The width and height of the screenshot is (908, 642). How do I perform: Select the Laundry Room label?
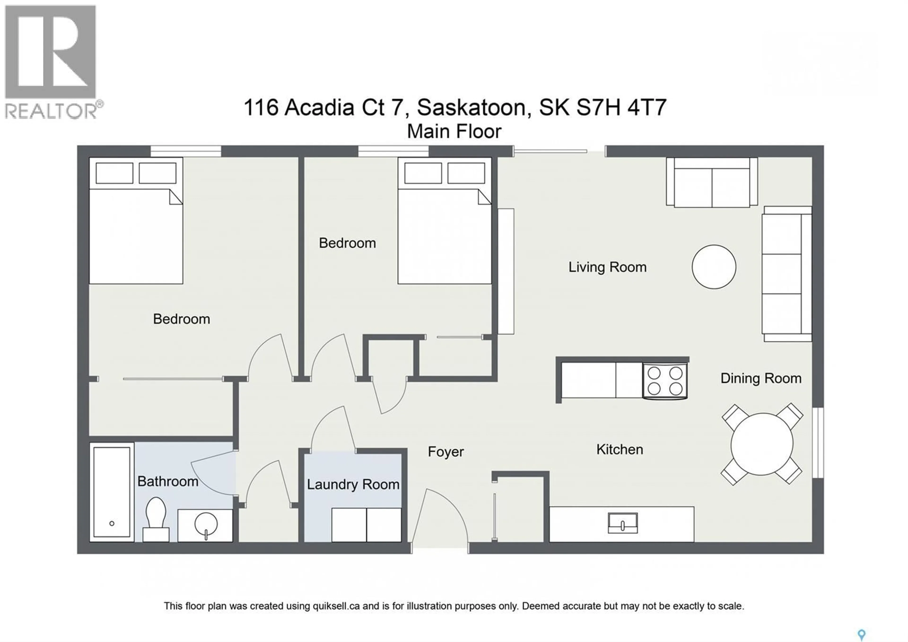(x=353, y=485)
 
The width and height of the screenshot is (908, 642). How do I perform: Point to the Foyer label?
(x=446, y=452)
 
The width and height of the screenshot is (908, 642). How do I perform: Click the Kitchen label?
(x=619, y=449)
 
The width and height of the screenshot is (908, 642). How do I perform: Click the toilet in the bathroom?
(x=156, y=518)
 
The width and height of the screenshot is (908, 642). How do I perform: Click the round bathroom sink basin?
(x=206, y=524)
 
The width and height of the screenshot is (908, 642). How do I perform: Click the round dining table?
(x=762, y=444)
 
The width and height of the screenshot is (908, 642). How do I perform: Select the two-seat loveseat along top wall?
(x=712, y=183)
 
